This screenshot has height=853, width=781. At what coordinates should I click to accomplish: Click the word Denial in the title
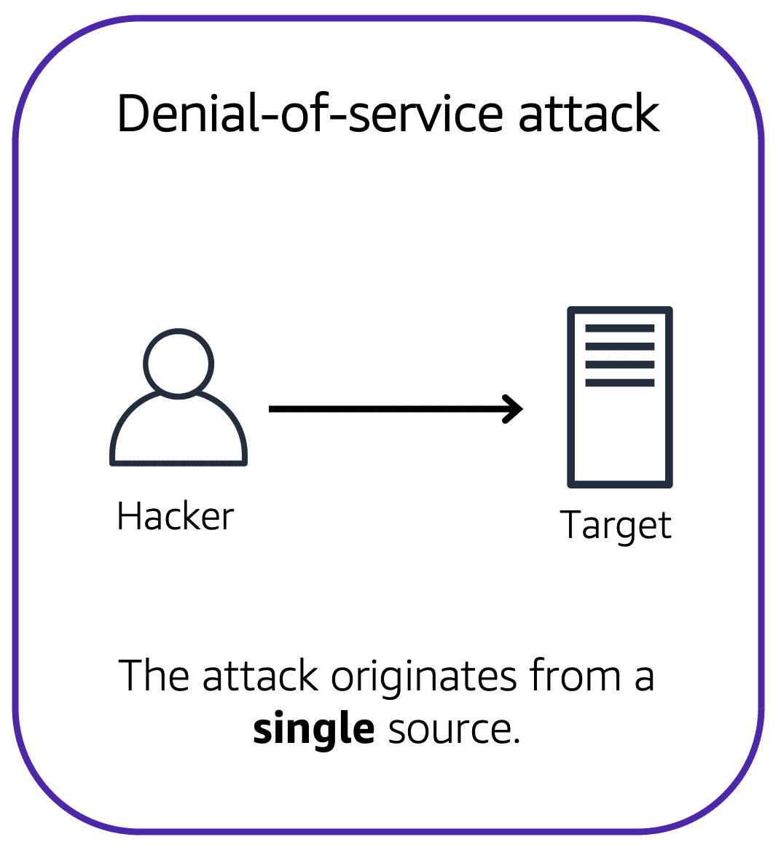[187, 114]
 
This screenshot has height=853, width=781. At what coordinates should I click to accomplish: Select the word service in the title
[425, 114]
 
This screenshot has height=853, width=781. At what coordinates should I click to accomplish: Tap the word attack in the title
[589, 114]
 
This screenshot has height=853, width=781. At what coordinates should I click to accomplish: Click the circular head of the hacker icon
[178, 363]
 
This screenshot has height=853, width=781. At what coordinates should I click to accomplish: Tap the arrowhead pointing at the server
[514, 409]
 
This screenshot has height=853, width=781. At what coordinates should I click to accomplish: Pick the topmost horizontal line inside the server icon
[620, 328]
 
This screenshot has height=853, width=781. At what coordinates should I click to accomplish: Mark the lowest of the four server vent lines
[620, 383]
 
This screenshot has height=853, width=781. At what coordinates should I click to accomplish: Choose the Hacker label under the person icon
[176, 517]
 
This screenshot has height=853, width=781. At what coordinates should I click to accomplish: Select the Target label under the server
[616, 526]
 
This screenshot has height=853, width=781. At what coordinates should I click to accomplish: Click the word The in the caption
[155, 676]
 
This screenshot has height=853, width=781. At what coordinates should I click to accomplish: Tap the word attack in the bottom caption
[260, 676]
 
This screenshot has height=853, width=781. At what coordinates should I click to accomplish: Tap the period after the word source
[517, 741]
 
